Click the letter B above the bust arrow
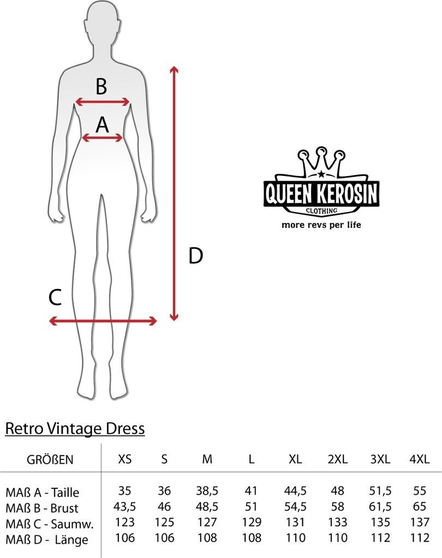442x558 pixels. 101,86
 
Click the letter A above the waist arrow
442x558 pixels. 102,125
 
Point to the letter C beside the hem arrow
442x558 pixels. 55,298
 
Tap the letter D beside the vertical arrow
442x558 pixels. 195,255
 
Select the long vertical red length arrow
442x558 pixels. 174,193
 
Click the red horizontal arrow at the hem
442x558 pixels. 103,321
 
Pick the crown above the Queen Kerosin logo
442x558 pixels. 321,162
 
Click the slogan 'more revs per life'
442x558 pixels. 321,224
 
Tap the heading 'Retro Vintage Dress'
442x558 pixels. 75,428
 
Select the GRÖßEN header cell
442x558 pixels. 50,459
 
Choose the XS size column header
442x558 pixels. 125,459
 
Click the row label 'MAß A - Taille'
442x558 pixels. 42,493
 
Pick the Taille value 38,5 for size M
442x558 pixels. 207,491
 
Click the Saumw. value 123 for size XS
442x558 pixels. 125,523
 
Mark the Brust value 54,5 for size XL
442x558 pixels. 295,507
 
